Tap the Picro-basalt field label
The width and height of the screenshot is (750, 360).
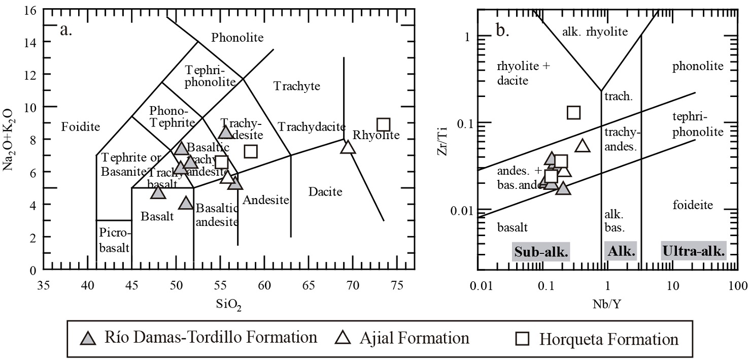click(x=114, y=241)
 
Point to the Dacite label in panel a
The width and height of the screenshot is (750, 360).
click(x=325, y=192)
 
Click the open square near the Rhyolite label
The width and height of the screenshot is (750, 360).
click(x=383, y=124)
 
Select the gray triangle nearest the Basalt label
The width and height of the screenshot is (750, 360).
click(x=158, y=192)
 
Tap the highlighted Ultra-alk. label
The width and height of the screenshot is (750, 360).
click(x=694, y=251)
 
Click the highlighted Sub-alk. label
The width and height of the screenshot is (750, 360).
click(x=541, y=251)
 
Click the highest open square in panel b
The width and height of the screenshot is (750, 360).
click(x=573, y=112)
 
